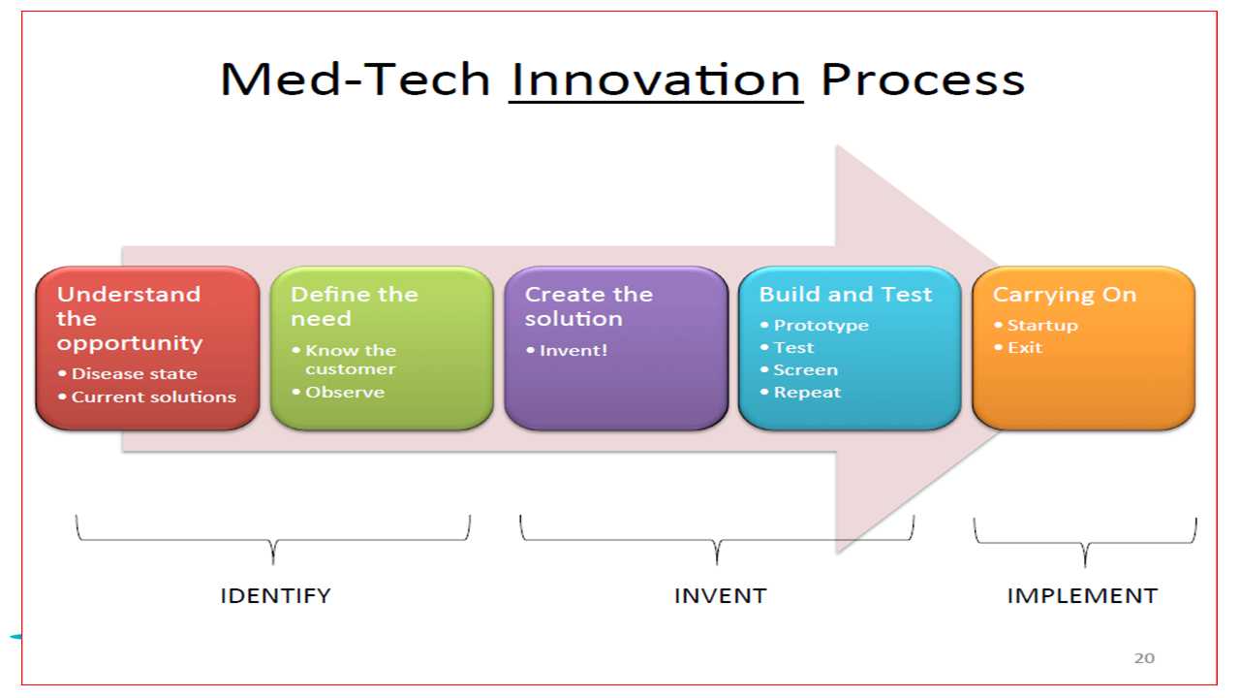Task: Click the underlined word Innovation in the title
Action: [656, 79]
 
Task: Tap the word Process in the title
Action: [923, 79]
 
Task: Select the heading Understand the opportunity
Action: [129, 319]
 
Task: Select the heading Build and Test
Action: [846, 294]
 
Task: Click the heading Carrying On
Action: [1065, 295]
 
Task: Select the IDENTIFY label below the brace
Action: [275, 595]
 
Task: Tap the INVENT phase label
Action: [720, 595]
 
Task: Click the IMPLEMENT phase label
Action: [1082, 595]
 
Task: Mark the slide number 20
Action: [1144, 658]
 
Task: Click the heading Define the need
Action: [355, 306]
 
